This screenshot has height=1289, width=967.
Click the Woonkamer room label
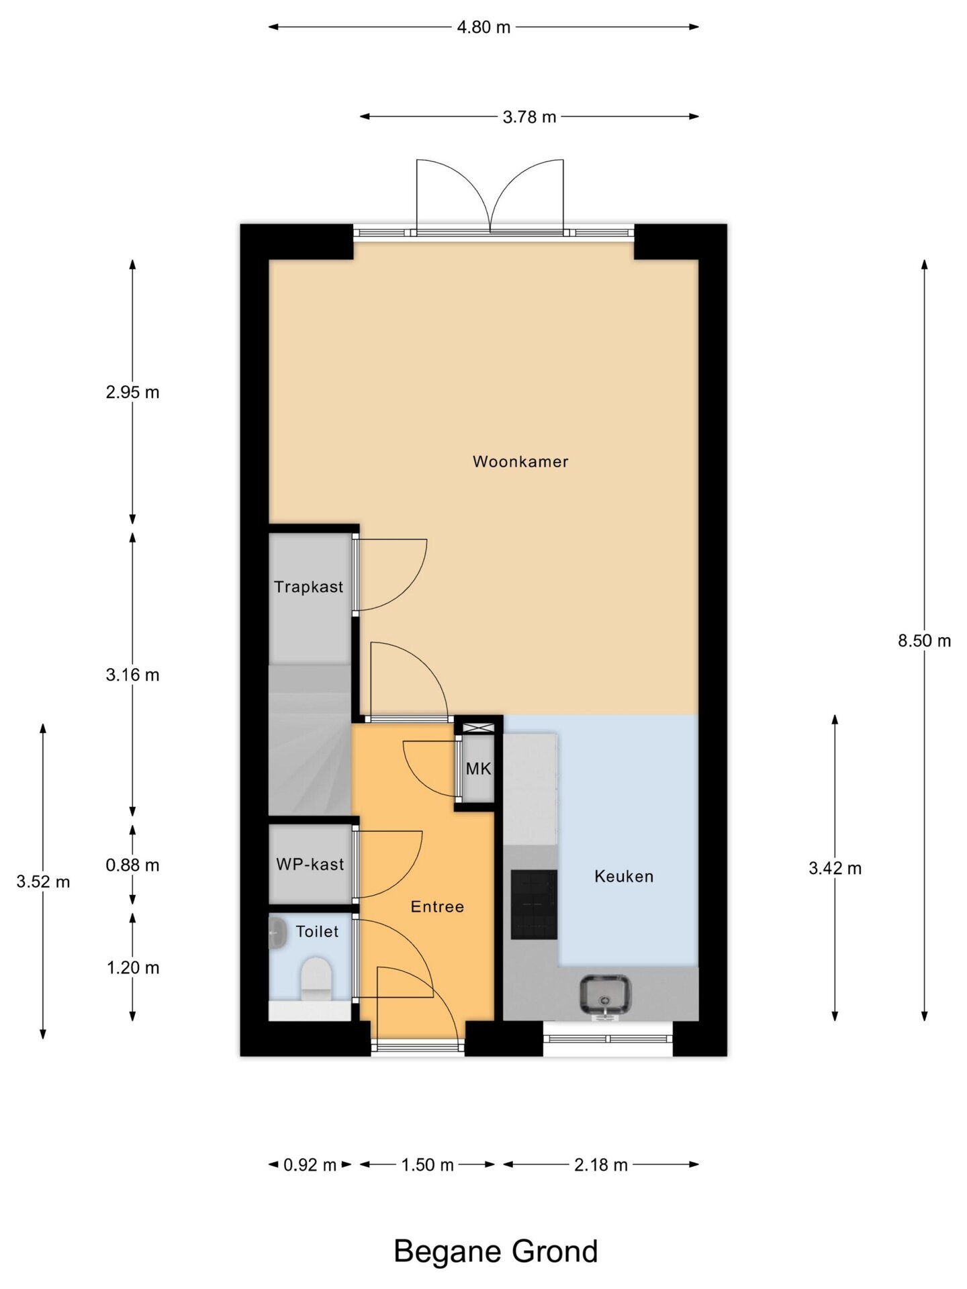[x=520, y=462]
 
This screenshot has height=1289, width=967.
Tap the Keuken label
[x=624, y=876]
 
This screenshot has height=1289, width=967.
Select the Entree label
[x=437, y=907]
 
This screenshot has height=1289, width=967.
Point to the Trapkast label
[x=308, y=587]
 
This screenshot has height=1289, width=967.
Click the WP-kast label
[x=310, y=864]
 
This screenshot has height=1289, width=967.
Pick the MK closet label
[x=479, y=769]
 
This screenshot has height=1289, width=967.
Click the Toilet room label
[x=318, y=932]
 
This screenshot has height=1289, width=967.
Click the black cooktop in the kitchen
[x=534, y=904]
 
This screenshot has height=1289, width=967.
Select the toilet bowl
[x=316, y=979]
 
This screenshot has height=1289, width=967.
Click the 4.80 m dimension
[x=483, y=28]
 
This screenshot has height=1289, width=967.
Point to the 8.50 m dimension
[x=925, y=641]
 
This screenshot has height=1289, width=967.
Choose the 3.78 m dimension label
[x=530, y=117]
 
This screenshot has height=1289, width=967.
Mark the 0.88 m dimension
[x=132, y=865]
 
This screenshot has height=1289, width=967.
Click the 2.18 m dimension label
[x=601, y=1165]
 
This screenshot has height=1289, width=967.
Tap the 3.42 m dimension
[x=835, y=869]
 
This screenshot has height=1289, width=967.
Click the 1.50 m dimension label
[x=428, y=1165]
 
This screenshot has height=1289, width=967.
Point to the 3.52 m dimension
[x=43, y=882]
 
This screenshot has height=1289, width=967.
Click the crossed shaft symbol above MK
[x=478, y=727]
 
